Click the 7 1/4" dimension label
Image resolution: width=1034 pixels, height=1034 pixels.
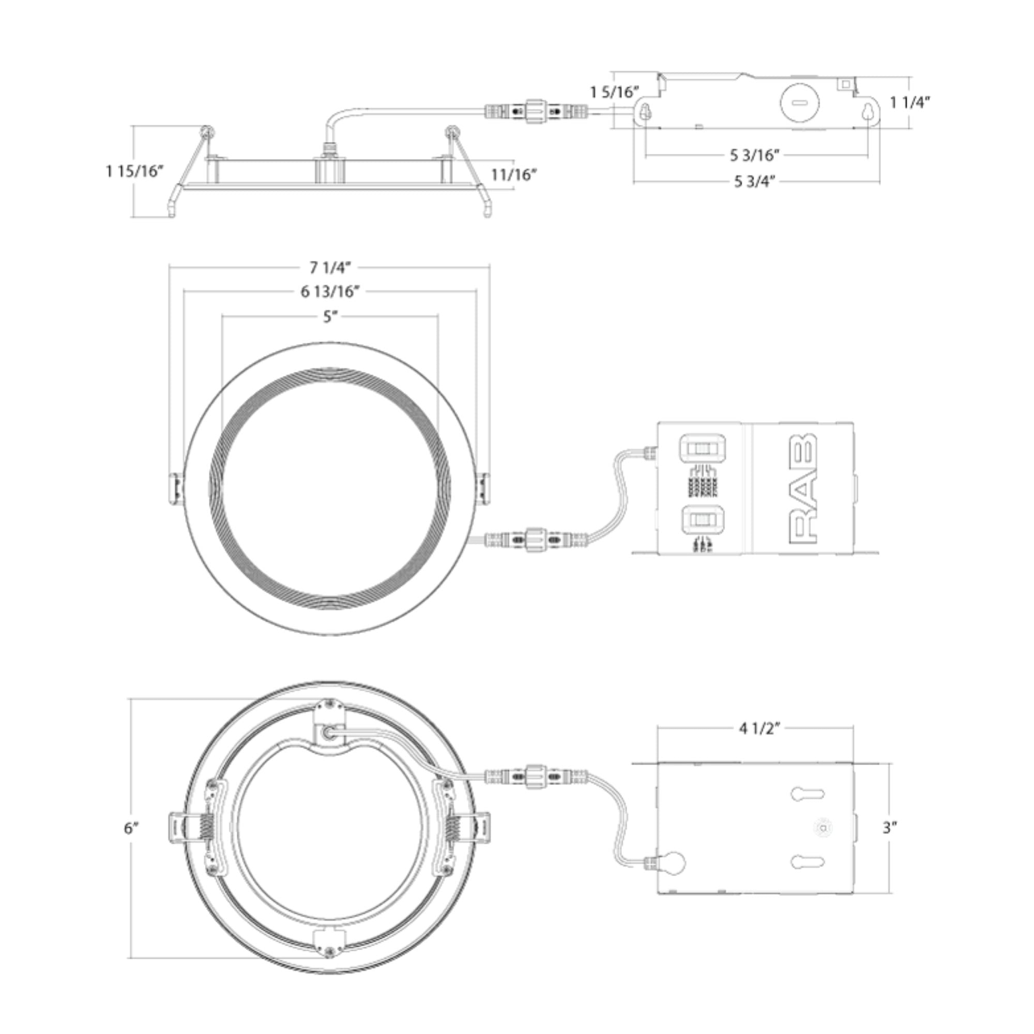(330, 267)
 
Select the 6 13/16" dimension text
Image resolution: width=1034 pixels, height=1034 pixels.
(330, 291)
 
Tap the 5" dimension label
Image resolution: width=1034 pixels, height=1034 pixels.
(330, 316)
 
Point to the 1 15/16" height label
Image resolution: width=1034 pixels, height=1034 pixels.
(134, 171)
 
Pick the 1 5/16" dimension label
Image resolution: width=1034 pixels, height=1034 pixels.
(614, 92)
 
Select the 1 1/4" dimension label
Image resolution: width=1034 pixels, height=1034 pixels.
(910, 102)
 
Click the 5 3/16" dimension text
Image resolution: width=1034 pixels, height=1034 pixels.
(755, 155)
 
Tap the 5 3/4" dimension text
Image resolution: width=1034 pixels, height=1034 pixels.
(755, 181)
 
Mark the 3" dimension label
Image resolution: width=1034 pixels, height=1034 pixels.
(889, 827)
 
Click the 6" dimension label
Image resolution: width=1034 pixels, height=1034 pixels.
(132, 828)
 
